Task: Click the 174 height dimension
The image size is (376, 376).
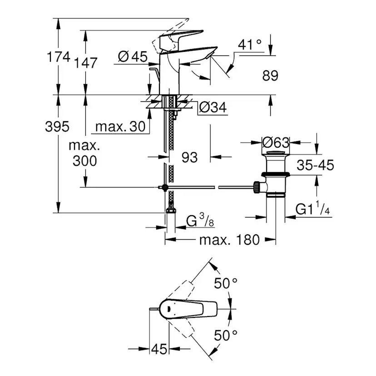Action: (59, 57)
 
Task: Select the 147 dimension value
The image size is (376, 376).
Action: (86, 63)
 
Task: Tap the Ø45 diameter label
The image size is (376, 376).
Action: (133, 56)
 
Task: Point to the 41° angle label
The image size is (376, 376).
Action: (250, 45)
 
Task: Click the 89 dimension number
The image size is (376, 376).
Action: (270, 75)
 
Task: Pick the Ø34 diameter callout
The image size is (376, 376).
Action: (213, 107)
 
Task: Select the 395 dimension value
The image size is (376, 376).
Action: (57, 127)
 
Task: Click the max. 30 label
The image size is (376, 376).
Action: (122, 127)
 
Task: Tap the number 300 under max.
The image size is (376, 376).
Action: (84, 160)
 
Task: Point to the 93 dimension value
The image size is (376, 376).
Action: (190, 157)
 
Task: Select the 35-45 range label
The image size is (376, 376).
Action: (316, 165)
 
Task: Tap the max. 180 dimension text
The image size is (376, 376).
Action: (229, 239)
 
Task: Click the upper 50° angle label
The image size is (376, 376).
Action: (226, 284)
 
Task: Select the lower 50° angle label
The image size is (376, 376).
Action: (226, 336)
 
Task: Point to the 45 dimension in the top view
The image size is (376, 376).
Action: (159, 349)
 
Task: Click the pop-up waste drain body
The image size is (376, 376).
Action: (275, 175)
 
